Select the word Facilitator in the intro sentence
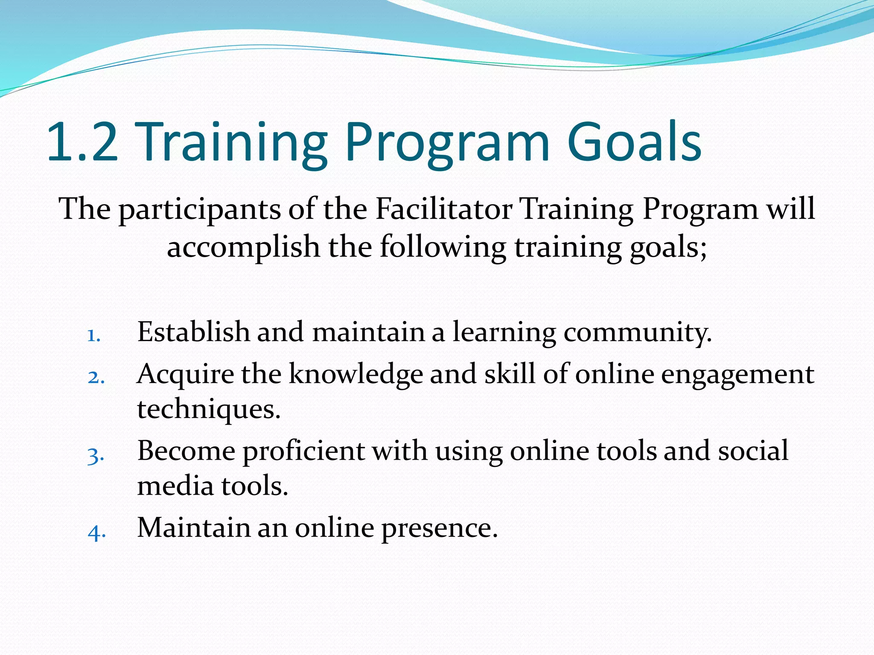tap(444, 209)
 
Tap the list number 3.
tap(96, 455)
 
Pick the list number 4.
tap(96, 533)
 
